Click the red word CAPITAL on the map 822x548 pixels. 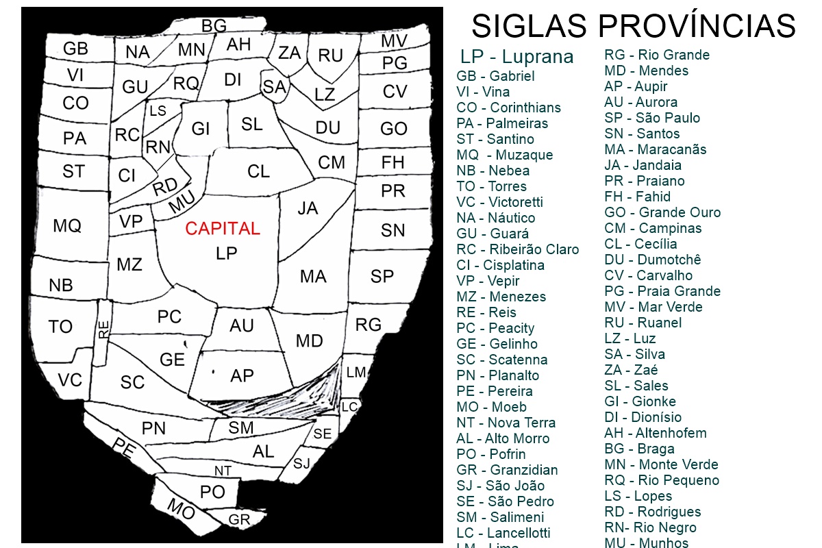pos(223,229)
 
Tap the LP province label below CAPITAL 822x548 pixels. pos(226,253)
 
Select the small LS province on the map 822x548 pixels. pos(158,111)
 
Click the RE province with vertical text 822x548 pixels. pos(103,329)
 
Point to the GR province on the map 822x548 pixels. pos(239,520)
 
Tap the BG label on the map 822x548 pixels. pos(214,26)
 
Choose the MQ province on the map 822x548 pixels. pos(67,225)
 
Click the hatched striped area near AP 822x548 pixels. pos(288,397)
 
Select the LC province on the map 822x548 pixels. pos(349,406)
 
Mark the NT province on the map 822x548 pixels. pos(223,471)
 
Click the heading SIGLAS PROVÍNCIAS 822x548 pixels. pos(633,26)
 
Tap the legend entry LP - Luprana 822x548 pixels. pos(516,56)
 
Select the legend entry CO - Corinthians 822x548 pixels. pos(508,108)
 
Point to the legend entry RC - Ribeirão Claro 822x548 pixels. pos(517,249)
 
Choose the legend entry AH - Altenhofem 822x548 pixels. pos(655,433)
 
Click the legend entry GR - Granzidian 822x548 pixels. pos(507,470)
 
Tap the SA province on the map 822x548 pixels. pos(274,87)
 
